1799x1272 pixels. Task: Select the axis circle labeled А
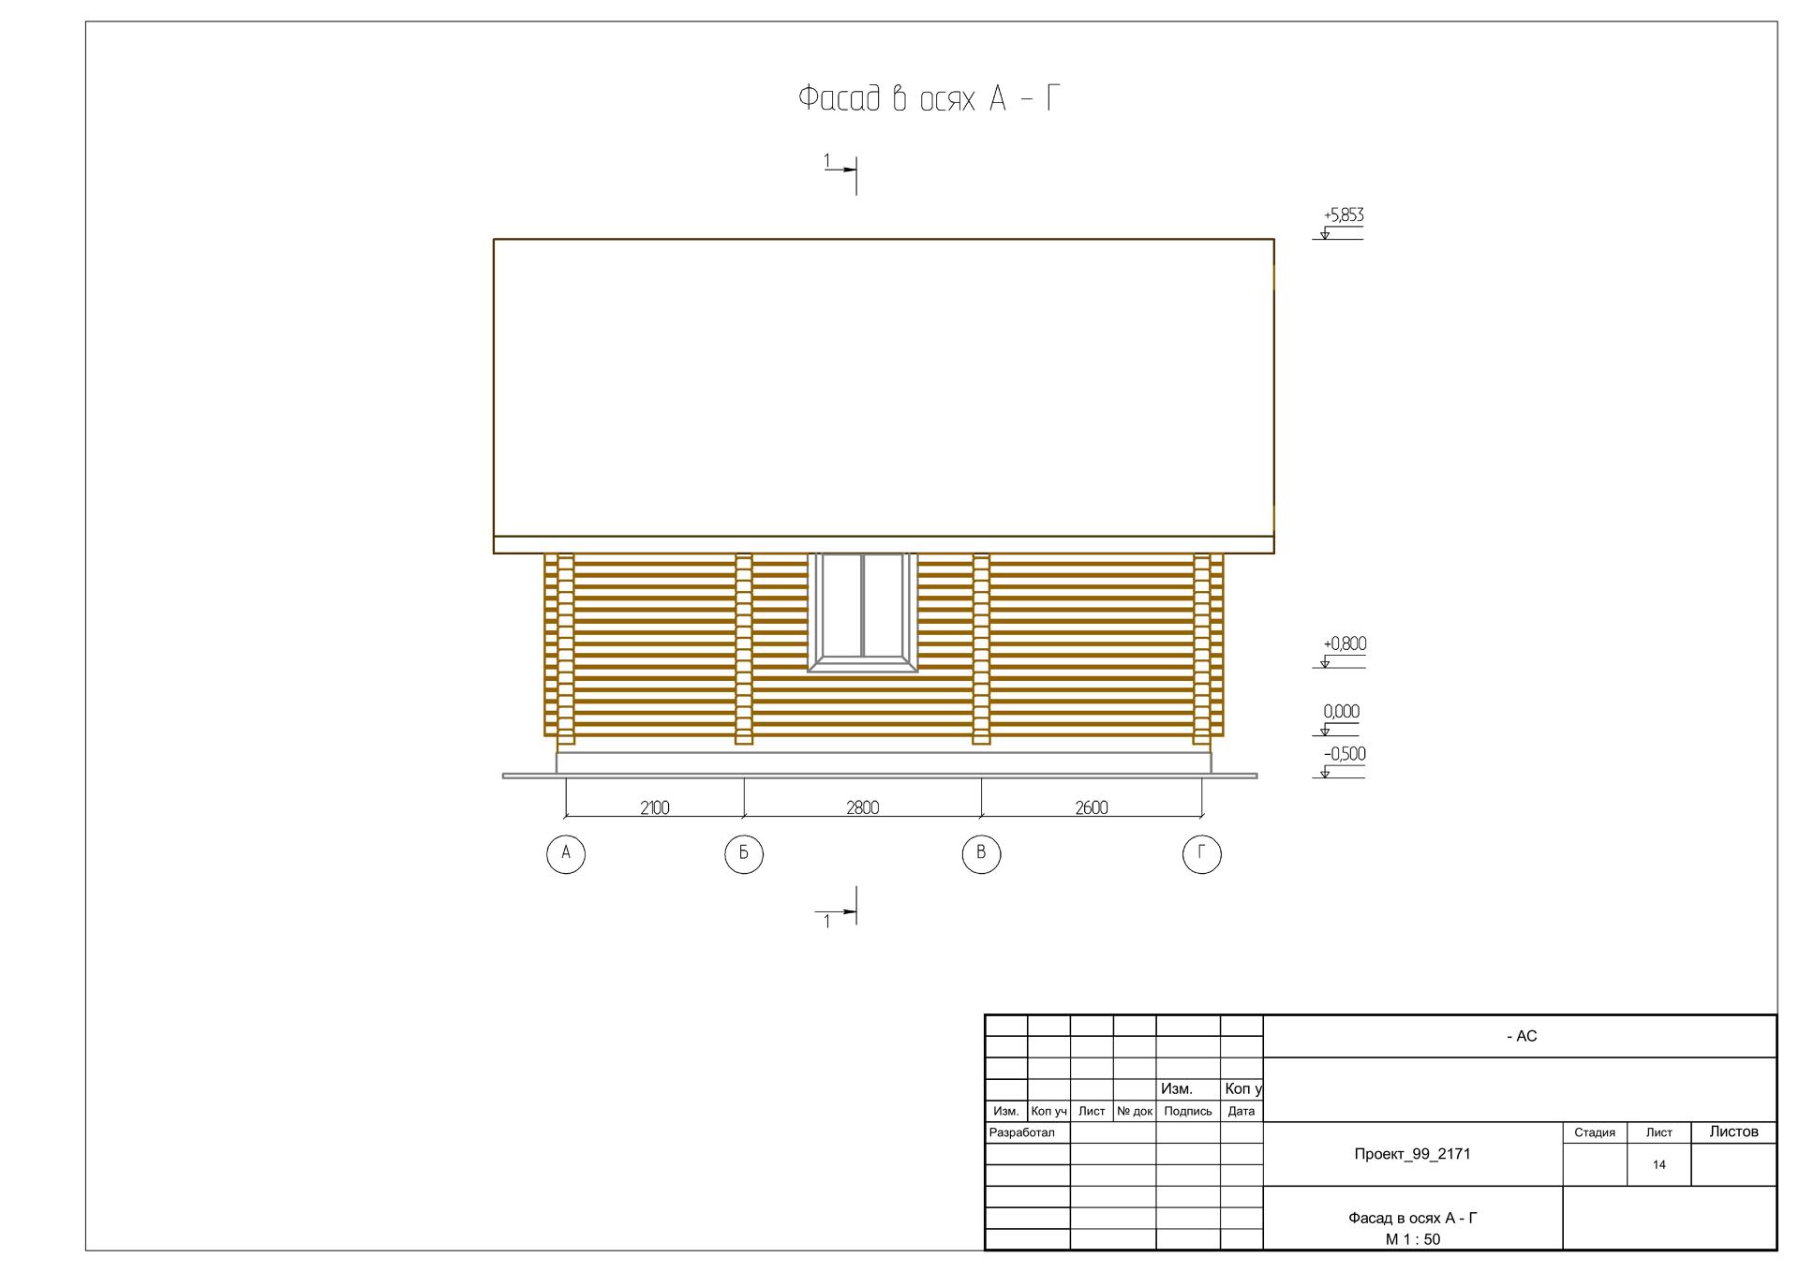(x=566, y=853)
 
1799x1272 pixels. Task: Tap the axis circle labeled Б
(x=744, y=853)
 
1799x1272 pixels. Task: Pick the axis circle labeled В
(x=981, y=853)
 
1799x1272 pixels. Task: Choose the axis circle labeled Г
(x=1202, y=853)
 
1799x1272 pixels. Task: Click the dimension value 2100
(x=655, y=807)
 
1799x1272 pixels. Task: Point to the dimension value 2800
(x=863, y=807)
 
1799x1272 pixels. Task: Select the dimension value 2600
(x=1092, y=807)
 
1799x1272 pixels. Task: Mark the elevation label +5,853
(x=1344, y=215)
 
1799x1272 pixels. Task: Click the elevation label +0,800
(x=1345, y=644)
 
